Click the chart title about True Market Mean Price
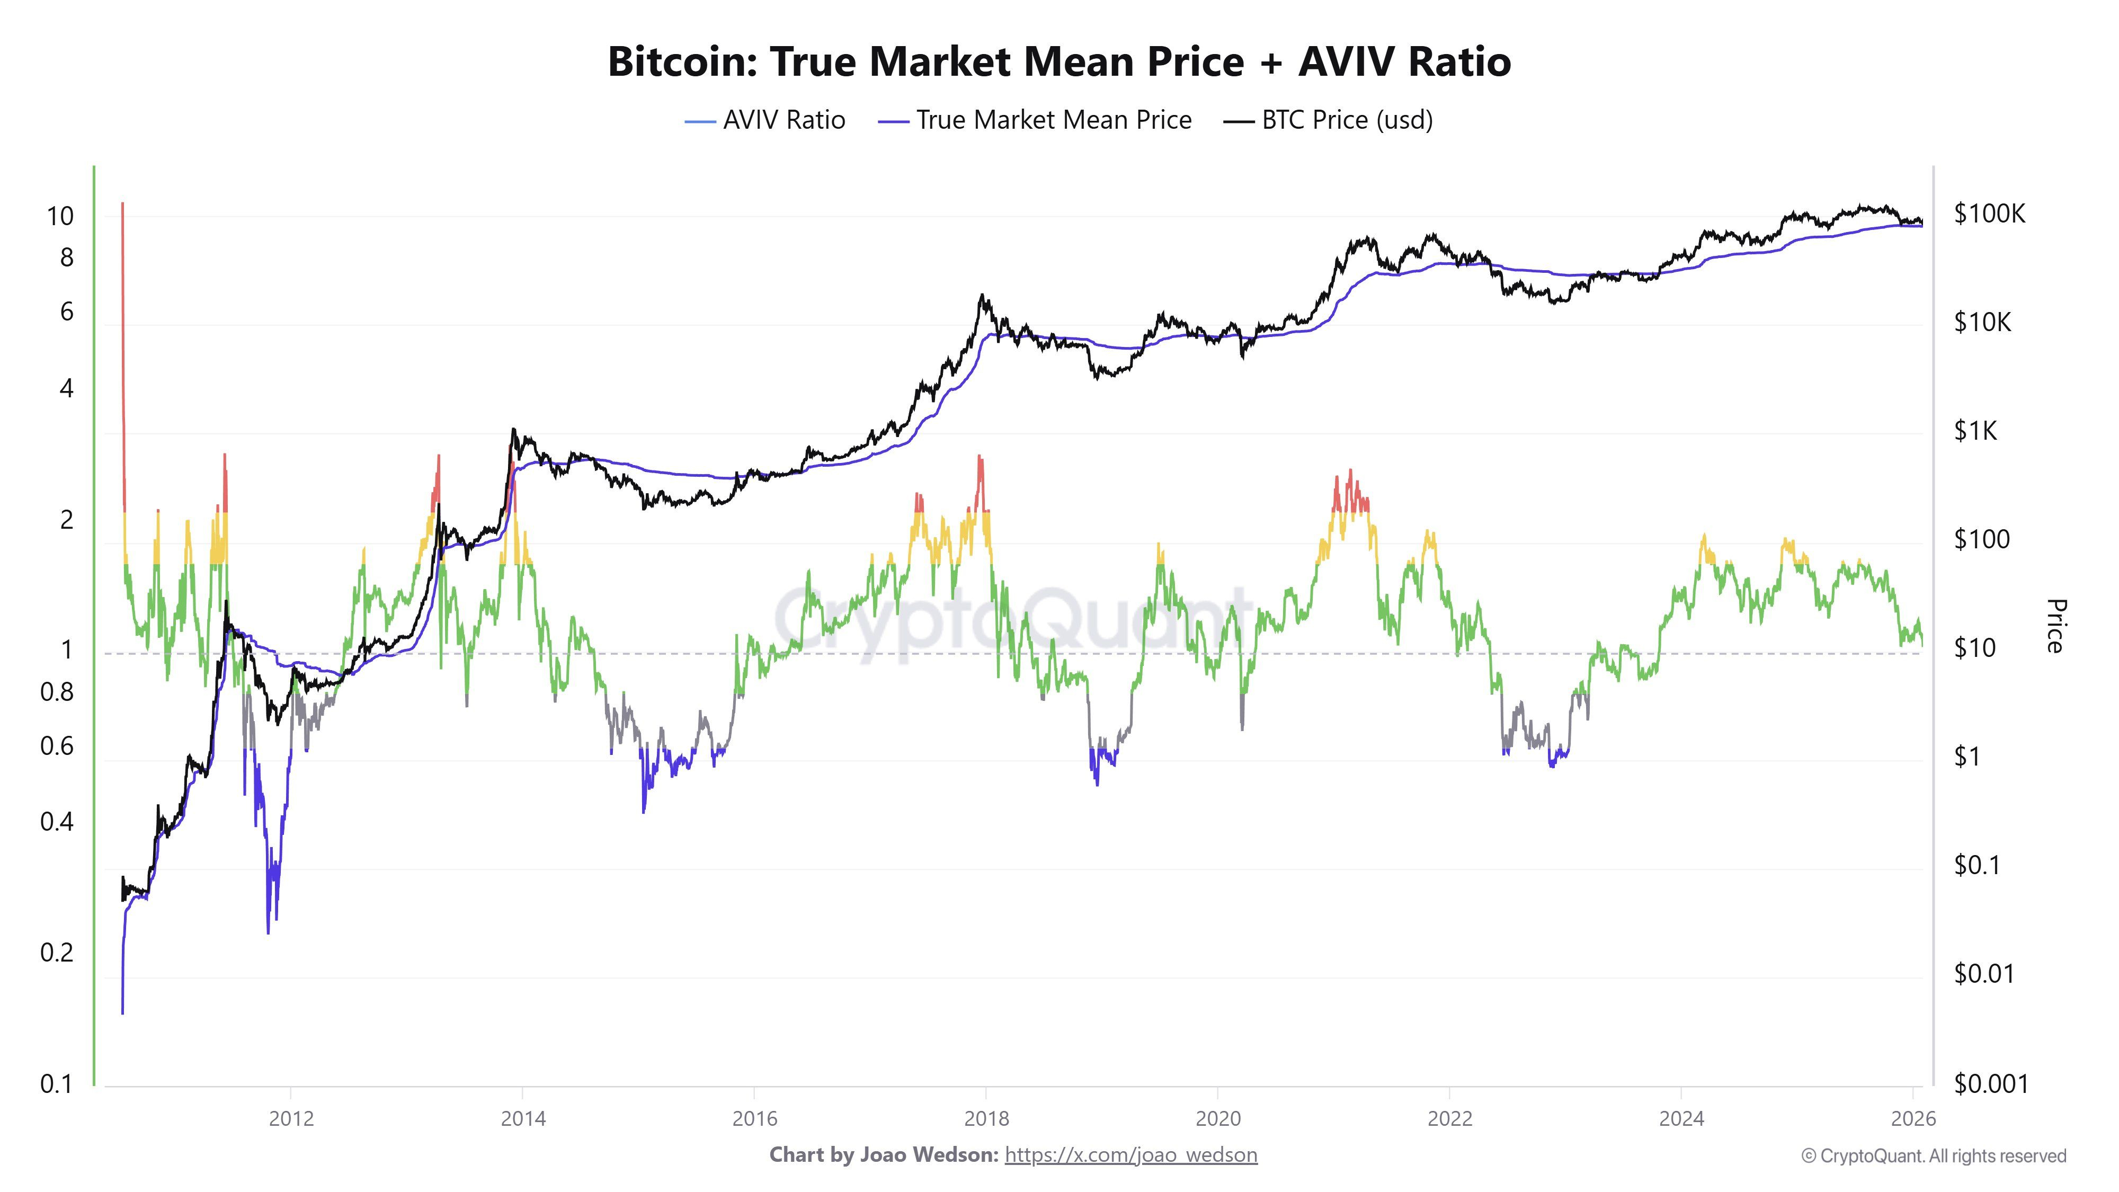click(x=1059, y=61)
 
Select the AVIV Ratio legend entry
click(x=765, y=120)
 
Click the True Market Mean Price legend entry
click(x=1035, y=120)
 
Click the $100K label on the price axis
click(x=1990, y=214)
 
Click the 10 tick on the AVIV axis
click(x=60, y=216)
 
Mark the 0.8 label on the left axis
click(x=57, y=692)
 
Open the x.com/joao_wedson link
click(x=1131, y=1155)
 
